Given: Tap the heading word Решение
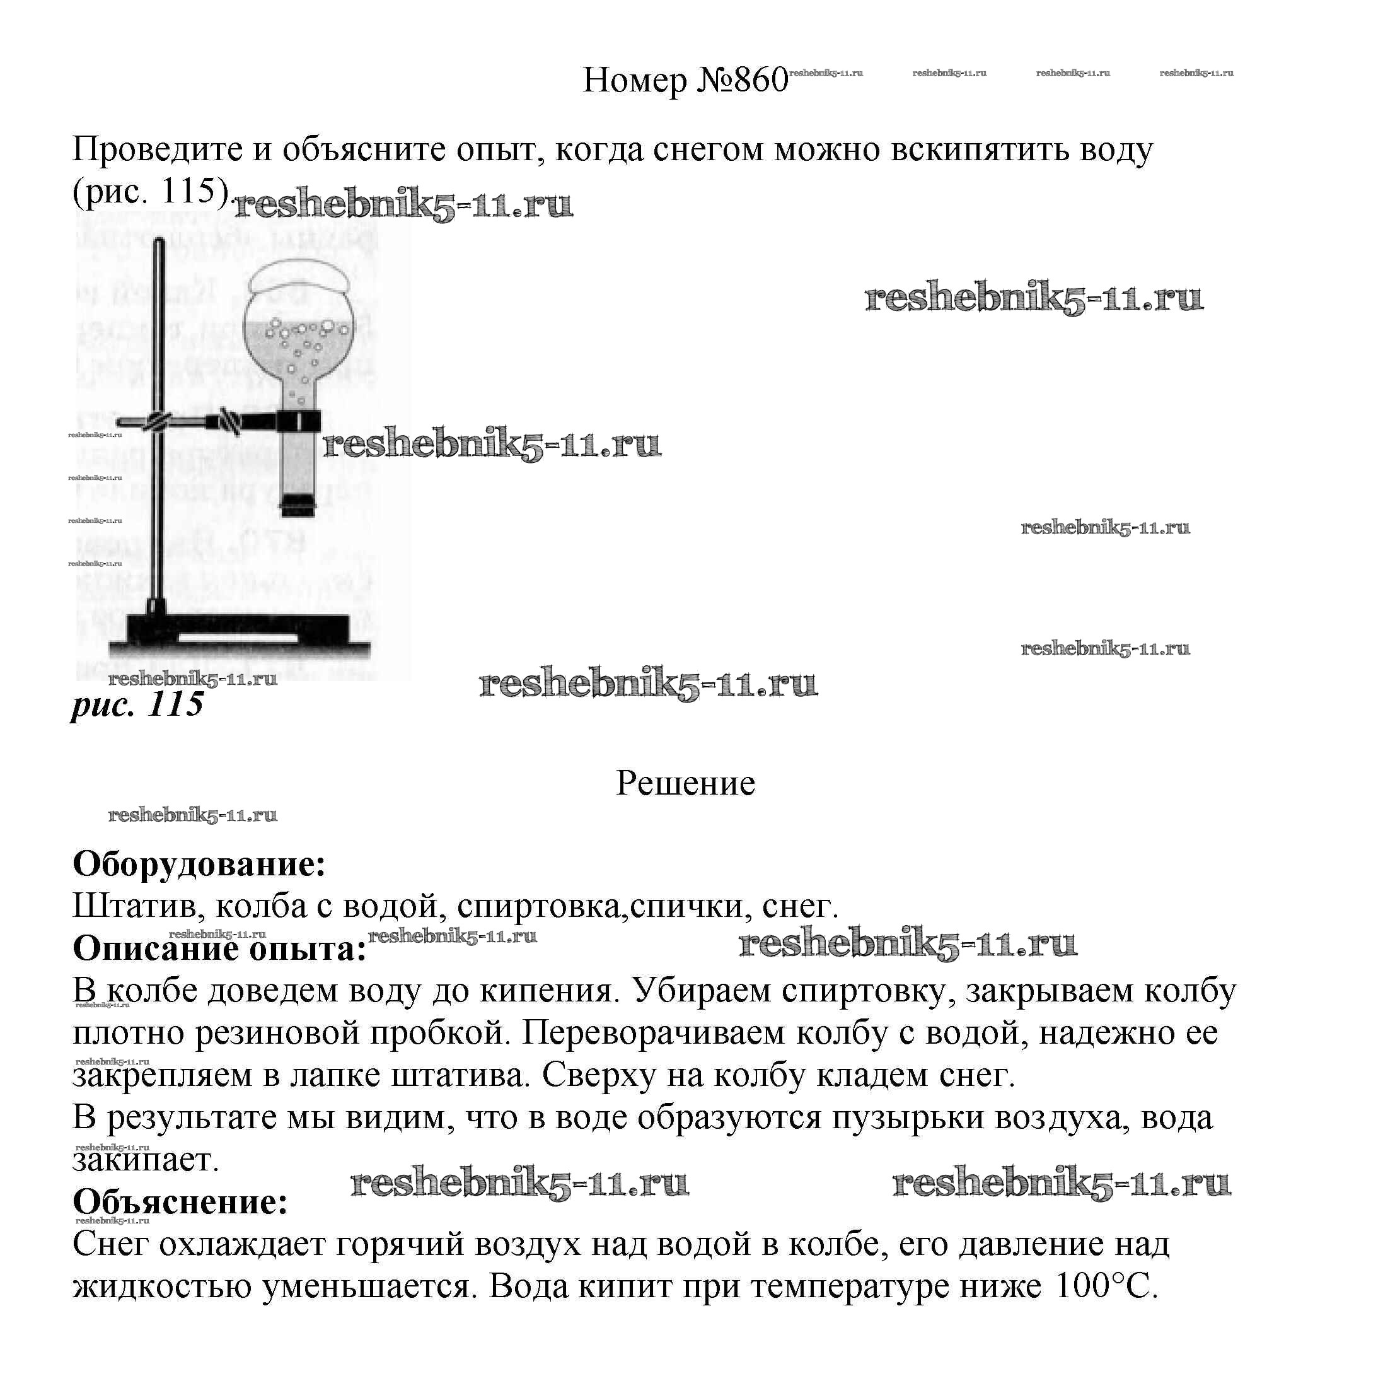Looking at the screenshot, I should (685, 783).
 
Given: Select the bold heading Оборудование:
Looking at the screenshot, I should (199, 864).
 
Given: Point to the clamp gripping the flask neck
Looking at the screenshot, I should (298, 420).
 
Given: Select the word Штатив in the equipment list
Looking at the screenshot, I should (134, 907).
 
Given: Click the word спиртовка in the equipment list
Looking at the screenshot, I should (538, 907).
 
